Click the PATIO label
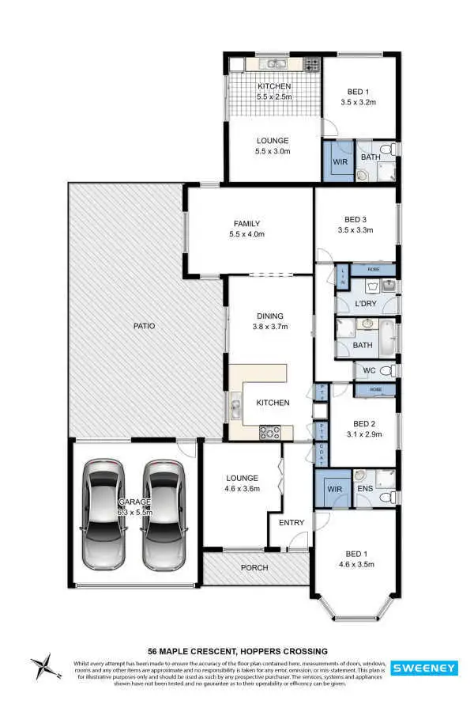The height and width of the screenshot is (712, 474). (x=144, y=325)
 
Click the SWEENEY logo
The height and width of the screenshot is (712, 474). (x=424, y=668)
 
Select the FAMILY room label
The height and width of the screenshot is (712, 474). (x=246, y=223)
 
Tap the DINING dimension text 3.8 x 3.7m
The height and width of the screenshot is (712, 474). (x=270, y=326)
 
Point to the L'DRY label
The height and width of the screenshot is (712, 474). (x=365, y=304)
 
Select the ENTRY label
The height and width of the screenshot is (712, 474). (x=292, y=522)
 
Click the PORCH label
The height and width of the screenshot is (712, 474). (x=254, y=567)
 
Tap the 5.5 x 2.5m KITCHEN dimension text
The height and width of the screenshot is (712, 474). (x=274, y=97)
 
